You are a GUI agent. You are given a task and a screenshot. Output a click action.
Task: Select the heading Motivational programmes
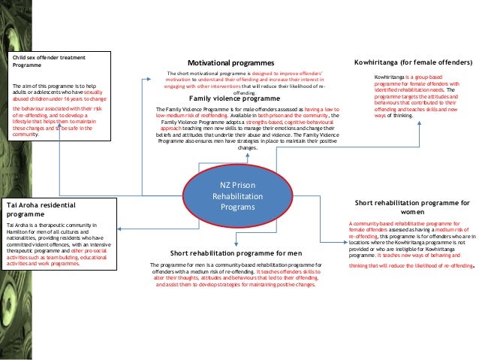point(232,62)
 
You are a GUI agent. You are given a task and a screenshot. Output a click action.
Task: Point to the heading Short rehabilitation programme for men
point(236,253)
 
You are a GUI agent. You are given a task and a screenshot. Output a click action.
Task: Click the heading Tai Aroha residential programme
point(42,208)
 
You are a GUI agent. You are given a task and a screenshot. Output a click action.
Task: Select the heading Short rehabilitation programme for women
point(412,207)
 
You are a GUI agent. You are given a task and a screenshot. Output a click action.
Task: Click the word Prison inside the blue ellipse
point(244,184)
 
